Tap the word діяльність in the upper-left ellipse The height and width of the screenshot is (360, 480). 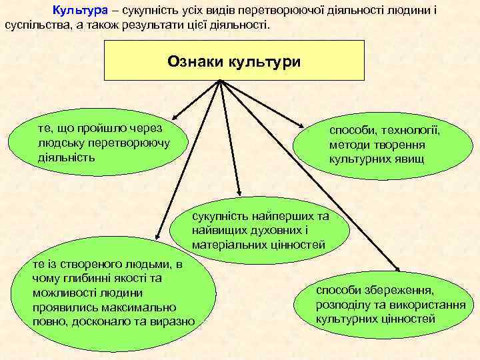click(67, 158)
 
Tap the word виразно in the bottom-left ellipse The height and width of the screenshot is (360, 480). click(174, 321)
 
